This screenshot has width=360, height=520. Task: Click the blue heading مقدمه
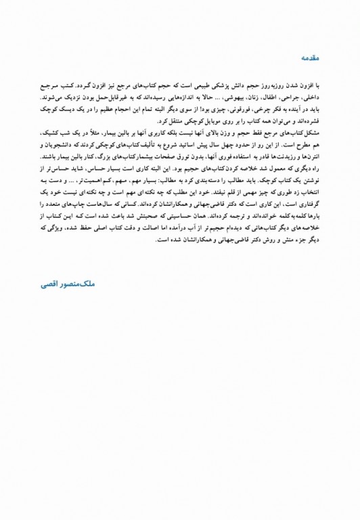pos(309,59)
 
